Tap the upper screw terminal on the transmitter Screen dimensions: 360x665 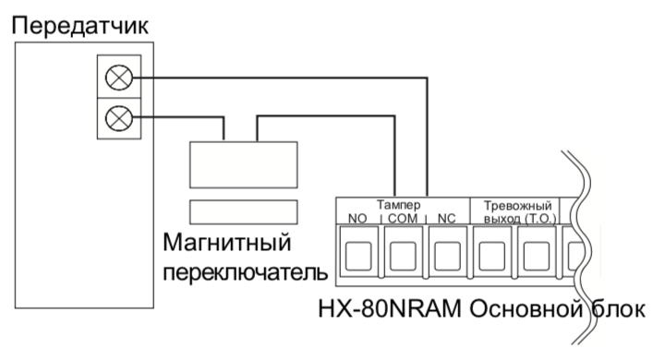coord(117,79)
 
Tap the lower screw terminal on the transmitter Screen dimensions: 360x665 coord(117,117)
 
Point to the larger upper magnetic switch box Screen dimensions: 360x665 coord(243,165)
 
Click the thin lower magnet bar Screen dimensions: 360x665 coord(243,210)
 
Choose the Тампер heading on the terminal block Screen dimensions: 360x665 coord(399,205)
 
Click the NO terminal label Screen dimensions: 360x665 coord(357,219)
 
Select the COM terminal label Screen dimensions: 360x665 coord(403,219)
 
